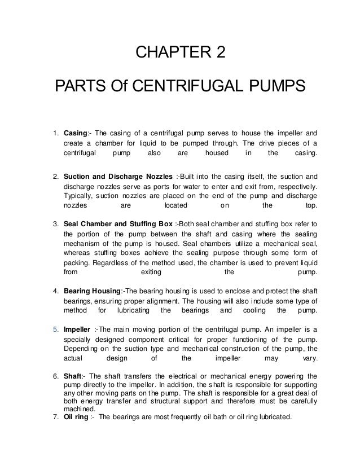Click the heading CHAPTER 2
coord(180,55)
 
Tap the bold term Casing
coord(73,133)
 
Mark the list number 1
coord(55,133)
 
